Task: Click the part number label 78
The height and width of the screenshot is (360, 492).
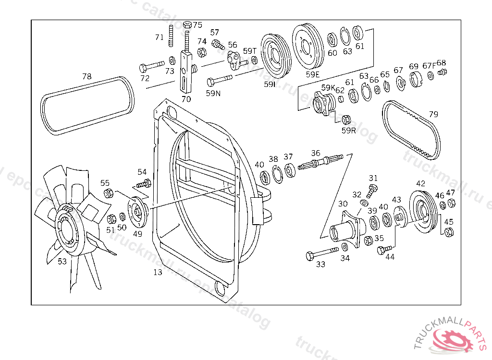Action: (86, 76)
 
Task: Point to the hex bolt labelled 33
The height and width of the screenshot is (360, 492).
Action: (321, 253)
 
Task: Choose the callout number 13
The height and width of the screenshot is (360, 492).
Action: (158, 272)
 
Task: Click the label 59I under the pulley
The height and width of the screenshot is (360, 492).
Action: (270, 84)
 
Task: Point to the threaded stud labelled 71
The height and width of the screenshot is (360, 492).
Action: (172, 37)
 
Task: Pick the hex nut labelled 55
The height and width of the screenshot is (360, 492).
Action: (109, 194)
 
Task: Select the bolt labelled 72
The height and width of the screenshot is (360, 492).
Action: (151, 66)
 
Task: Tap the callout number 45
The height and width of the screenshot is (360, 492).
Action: (448, 222)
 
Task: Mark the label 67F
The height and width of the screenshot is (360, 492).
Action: (429, 66)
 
